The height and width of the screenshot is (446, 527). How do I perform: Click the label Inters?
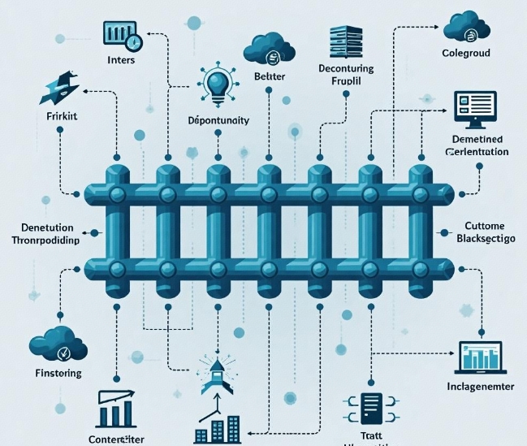[120, 60]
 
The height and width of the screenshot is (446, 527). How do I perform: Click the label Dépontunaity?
[218, 120]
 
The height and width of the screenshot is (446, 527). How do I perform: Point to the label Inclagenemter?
[481, 388]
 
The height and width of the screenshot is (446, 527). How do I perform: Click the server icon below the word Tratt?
[371, 410]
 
